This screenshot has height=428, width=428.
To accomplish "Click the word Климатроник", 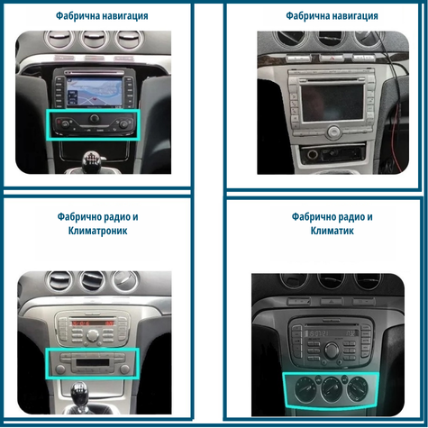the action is coord(97,231).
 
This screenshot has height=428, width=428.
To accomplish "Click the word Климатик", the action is coord(332,231).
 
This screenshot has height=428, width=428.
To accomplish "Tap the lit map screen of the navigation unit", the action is coord(95,92).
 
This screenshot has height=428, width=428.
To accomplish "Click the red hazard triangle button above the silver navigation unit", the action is coord(332,58).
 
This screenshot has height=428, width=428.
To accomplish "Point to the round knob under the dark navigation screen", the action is coord(334,132).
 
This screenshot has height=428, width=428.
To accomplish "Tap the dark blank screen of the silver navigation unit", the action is coord(332,103).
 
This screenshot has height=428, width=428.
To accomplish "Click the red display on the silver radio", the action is coord(92,323).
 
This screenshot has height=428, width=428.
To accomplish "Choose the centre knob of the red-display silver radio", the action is coord(92,335).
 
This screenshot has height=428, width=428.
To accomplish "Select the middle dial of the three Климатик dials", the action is coord(332,388).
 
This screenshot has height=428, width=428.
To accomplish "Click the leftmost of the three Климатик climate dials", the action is coord(306,389).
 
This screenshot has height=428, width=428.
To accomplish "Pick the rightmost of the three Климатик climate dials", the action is coord(358,388).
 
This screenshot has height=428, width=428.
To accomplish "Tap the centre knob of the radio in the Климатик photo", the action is coord(331,350).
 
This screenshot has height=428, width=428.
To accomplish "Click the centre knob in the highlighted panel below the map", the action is coord(95,118).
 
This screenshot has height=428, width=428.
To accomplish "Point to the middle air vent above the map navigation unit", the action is coord(94,39).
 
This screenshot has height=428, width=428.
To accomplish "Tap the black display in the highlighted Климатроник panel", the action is coord(92,362).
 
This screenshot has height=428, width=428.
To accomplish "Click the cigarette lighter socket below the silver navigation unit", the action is coord(313,155).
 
